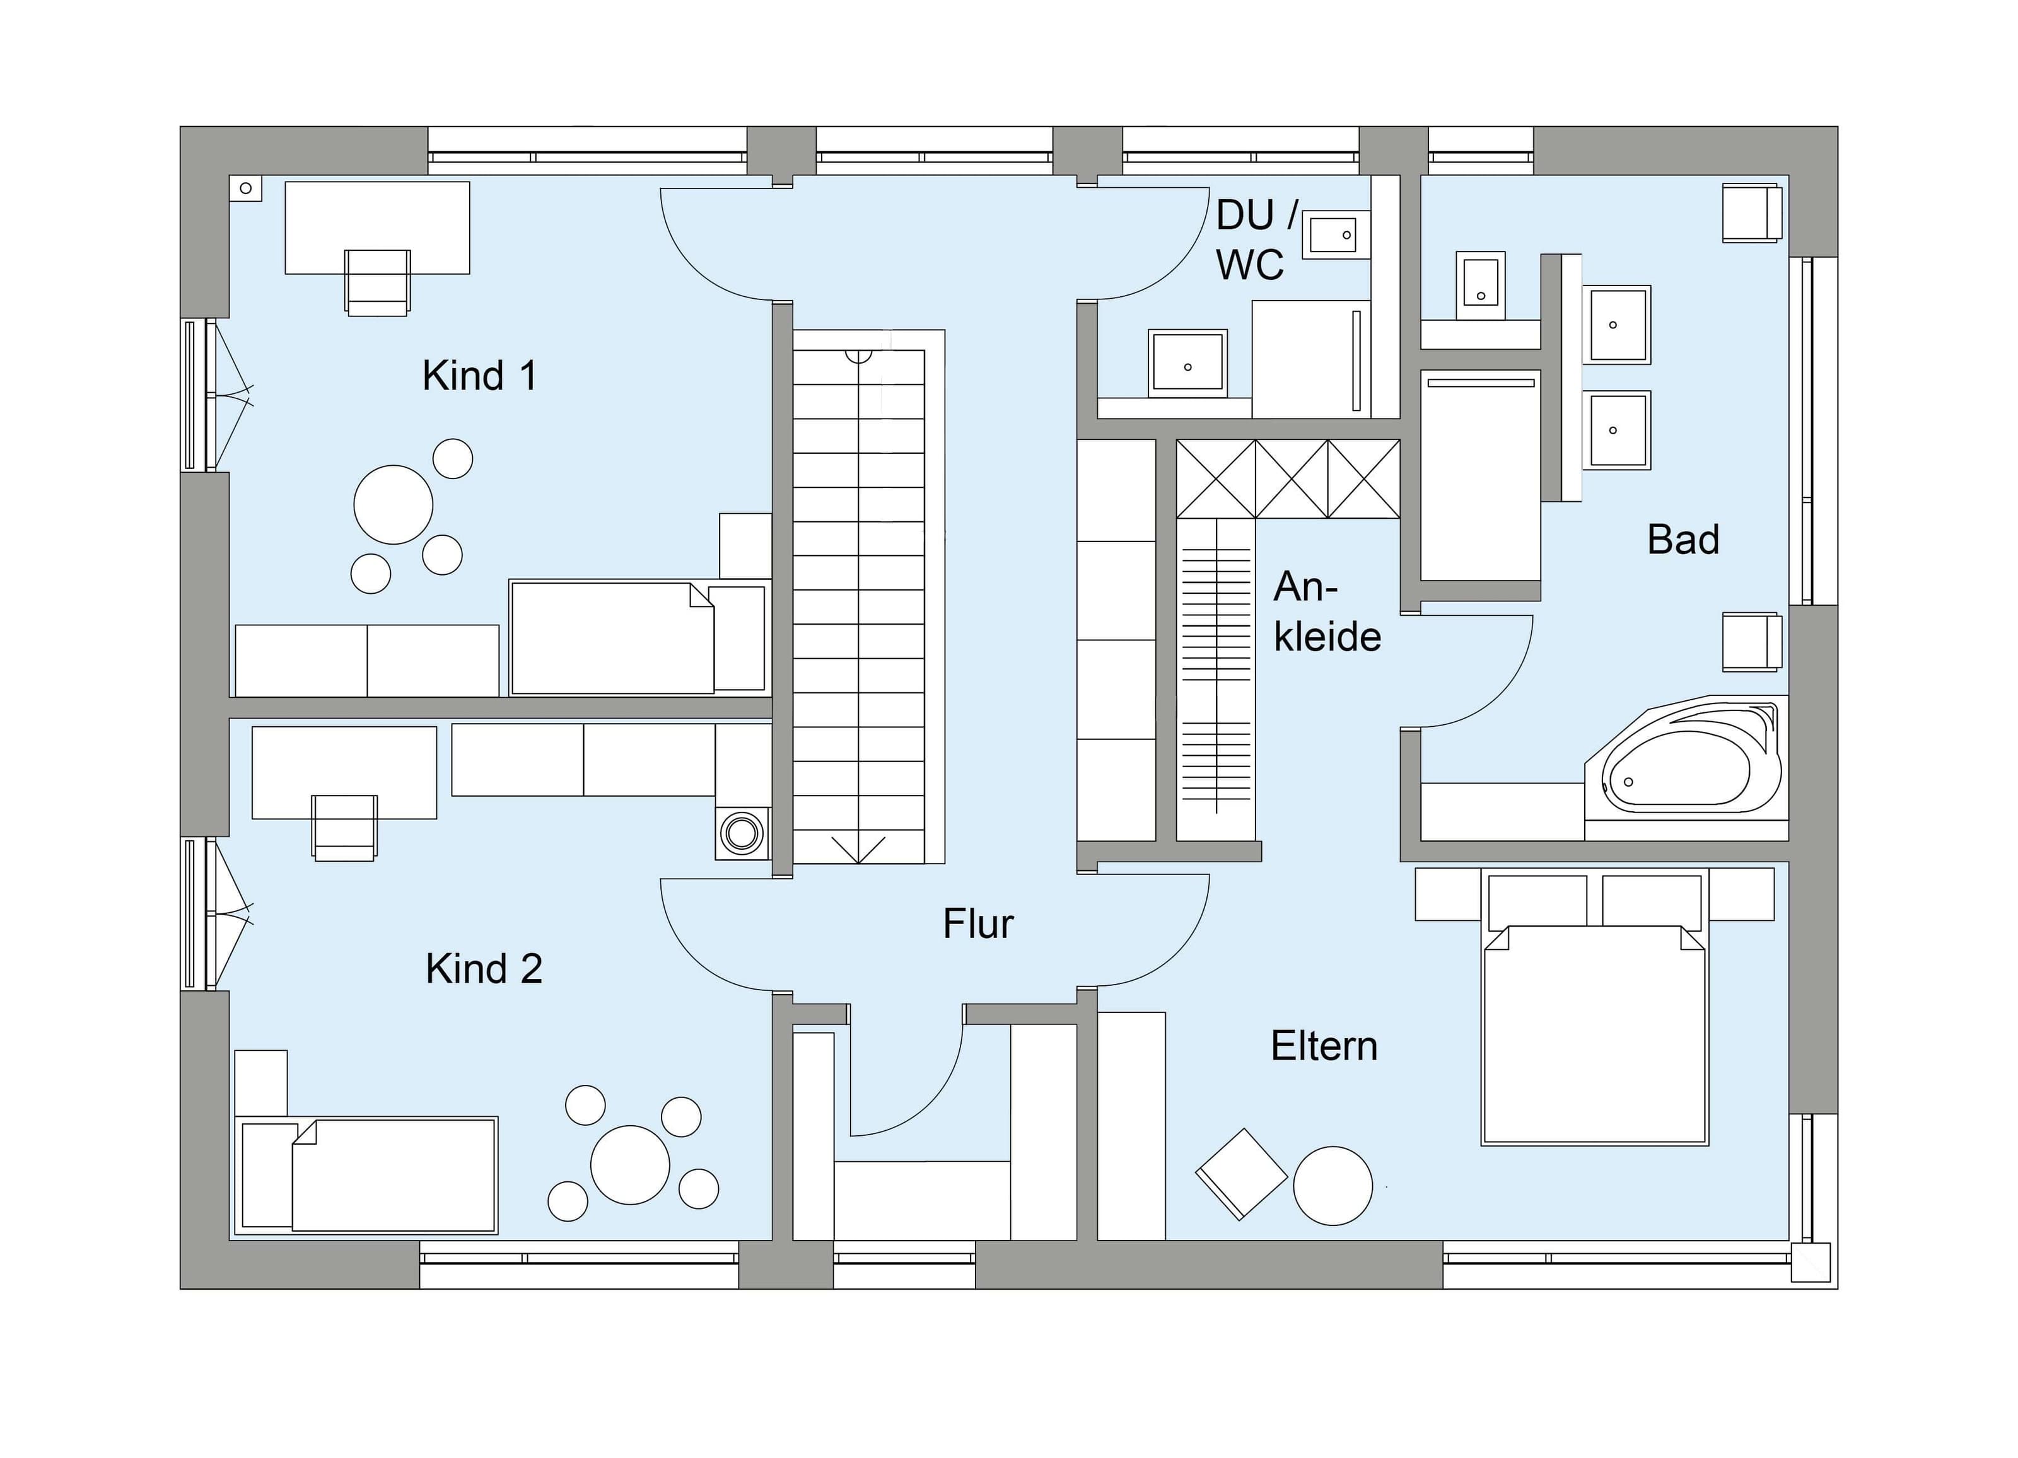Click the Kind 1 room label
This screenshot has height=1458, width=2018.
(x=479, y=376)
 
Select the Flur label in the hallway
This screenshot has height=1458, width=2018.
(x=978, y=924)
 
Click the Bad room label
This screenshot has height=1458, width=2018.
(x=1683, y=539)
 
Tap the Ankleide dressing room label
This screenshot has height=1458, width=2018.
(x=1327, y=612)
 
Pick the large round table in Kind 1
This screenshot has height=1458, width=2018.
(x=394, y=504)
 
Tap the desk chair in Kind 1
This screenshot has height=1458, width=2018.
(x=377, y=282)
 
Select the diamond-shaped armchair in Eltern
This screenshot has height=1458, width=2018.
(x=1241, y=1173)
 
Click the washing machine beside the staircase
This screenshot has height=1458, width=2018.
(x=742, y=833)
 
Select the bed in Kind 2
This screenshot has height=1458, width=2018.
(x=365, y=1176)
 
